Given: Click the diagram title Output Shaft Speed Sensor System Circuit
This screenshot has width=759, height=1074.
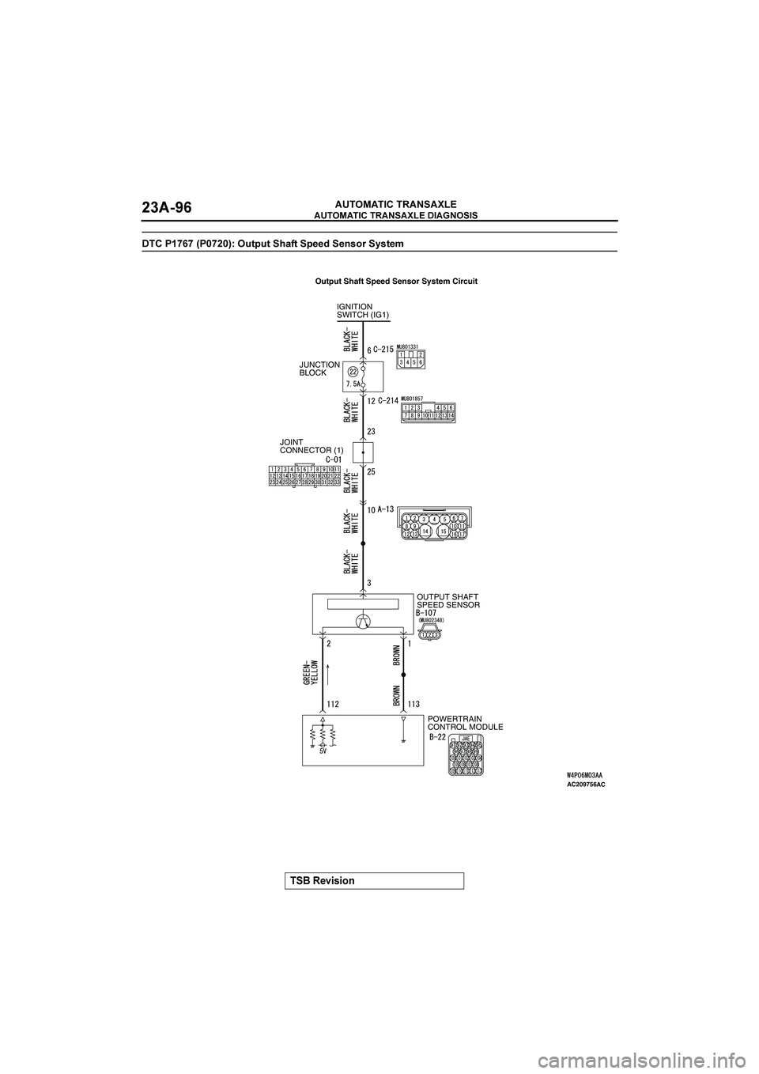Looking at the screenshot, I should click(396, 281).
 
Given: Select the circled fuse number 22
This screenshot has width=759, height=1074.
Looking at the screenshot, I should click(353, 372).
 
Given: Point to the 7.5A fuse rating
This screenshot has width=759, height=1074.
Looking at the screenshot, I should click(353, 384).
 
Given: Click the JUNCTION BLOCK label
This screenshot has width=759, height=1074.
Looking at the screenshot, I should click(319, 369).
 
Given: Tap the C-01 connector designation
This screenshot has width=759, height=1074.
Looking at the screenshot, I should click(333, 459).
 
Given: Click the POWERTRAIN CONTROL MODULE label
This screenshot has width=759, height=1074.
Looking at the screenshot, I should click(465, 722).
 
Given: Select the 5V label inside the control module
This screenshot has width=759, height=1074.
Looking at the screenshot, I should click(324, 753).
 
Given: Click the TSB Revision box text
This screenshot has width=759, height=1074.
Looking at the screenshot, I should click(321, 880).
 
